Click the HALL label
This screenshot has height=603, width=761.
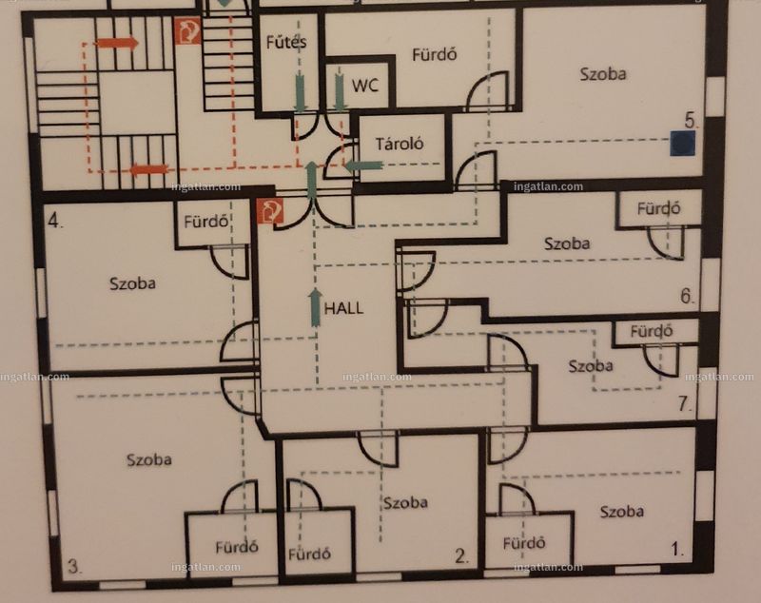pyautogui.click(x=343, y=308)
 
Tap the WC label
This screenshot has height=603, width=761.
pyautogui.click(x=365, y=86)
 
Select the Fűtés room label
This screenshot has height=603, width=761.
pyautogui.click(x=286, y=42)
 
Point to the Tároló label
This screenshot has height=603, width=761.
pyautogui.click(x=400, y=144)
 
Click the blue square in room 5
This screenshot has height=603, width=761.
pyautogui.click(x=682, y=144)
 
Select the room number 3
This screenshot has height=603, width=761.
pyautogui.click(x=74, y=566)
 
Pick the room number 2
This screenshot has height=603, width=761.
pyautogui.click(x=461, y=556)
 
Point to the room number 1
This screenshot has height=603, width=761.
pyautogui.click(x=677, y=549)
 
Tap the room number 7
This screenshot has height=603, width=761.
pyautogui.click(x=685, y=403)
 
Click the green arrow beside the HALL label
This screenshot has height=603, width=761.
pyautogui.click(x=316, y=307)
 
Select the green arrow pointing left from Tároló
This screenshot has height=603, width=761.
pyautogui.click(x=363, y=165)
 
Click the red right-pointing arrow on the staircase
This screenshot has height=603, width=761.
pyautogui.click(x=117, y=43)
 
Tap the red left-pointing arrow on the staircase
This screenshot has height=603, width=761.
pyautogui.click(x=148, y=170)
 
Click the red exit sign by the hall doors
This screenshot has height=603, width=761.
pyautogui.click(x=270, y=211)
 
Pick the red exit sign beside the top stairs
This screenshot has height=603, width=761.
pyautogui.click(x=187, y=31)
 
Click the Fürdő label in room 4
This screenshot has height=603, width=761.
pyautogui.click(x=205, y=222)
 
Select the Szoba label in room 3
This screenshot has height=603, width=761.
pyautogui.click(x=149, y=459)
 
